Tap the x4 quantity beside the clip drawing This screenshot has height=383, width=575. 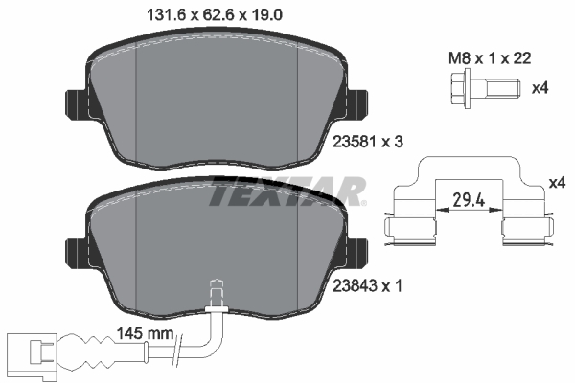click(558, 183)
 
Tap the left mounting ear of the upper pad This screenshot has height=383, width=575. click(75, 102)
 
